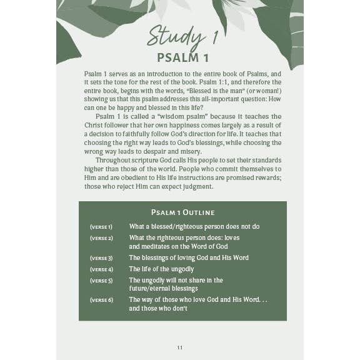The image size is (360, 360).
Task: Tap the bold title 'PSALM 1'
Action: pos(182,58)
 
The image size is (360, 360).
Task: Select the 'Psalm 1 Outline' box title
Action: pos(182,212)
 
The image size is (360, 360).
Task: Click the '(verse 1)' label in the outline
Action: pos(101,227)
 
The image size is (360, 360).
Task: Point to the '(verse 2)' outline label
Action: pos(101,238)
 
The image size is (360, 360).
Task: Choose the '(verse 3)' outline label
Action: pos(101,258)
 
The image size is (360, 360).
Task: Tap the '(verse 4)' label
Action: pos(101,269)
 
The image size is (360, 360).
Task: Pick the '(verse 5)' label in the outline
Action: pos(101,281)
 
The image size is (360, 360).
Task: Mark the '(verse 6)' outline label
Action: pos(101,300)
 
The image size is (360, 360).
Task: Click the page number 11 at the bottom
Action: pos(180,347)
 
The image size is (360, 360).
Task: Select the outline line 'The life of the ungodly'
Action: pos(161,269)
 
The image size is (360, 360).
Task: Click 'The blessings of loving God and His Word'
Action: pos(189,258)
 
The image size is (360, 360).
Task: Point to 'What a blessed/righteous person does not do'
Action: pos(194,227)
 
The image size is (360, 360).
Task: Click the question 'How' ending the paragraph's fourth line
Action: pos(274,99)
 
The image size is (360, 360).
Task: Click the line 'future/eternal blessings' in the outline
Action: pos(163,289)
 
